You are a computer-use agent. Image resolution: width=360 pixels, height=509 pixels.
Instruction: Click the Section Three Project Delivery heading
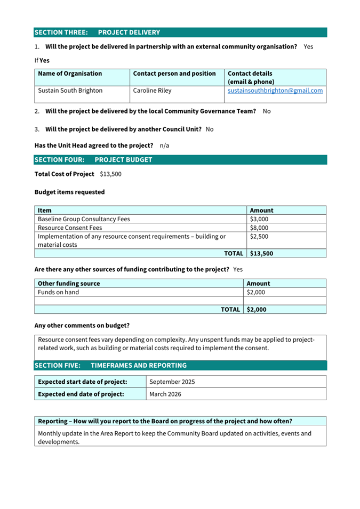(97, 33)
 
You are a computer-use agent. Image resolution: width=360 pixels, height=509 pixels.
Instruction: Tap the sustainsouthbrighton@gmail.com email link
(275, 91)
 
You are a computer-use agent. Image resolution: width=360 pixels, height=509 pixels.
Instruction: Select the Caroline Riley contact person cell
(152, 91)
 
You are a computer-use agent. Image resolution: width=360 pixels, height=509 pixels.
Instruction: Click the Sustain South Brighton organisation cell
(70, 91)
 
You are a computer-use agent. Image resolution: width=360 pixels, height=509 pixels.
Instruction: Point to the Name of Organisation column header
(70, 74)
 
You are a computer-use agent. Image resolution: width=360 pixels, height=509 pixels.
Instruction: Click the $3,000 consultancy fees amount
(259, 219)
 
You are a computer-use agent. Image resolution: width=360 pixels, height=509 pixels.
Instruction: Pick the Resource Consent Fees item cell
(70, 228)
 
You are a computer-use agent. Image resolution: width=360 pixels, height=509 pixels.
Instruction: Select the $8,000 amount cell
(259, 228)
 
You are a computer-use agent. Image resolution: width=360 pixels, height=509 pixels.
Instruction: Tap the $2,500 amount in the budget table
(259, 236)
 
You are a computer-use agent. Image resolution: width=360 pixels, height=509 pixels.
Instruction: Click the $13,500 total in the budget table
(261, 254)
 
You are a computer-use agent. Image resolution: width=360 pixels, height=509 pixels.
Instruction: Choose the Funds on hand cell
(58, 292)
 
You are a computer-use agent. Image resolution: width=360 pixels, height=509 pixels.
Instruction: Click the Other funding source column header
(69, 284)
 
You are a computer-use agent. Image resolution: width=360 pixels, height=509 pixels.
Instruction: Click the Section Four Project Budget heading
(93, 160)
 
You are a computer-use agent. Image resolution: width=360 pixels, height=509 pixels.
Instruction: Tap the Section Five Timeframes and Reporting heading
(110, 366)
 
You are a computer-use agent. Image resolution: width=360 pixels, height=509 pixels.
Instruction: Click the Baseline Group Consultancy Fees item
(84, 219)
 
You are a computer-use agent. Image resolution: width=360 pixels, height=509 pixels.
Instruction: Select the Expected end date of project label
(81, 394)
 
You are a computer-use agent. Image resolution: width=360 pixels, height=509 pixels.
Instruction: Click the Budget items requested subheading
(69, 192)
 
